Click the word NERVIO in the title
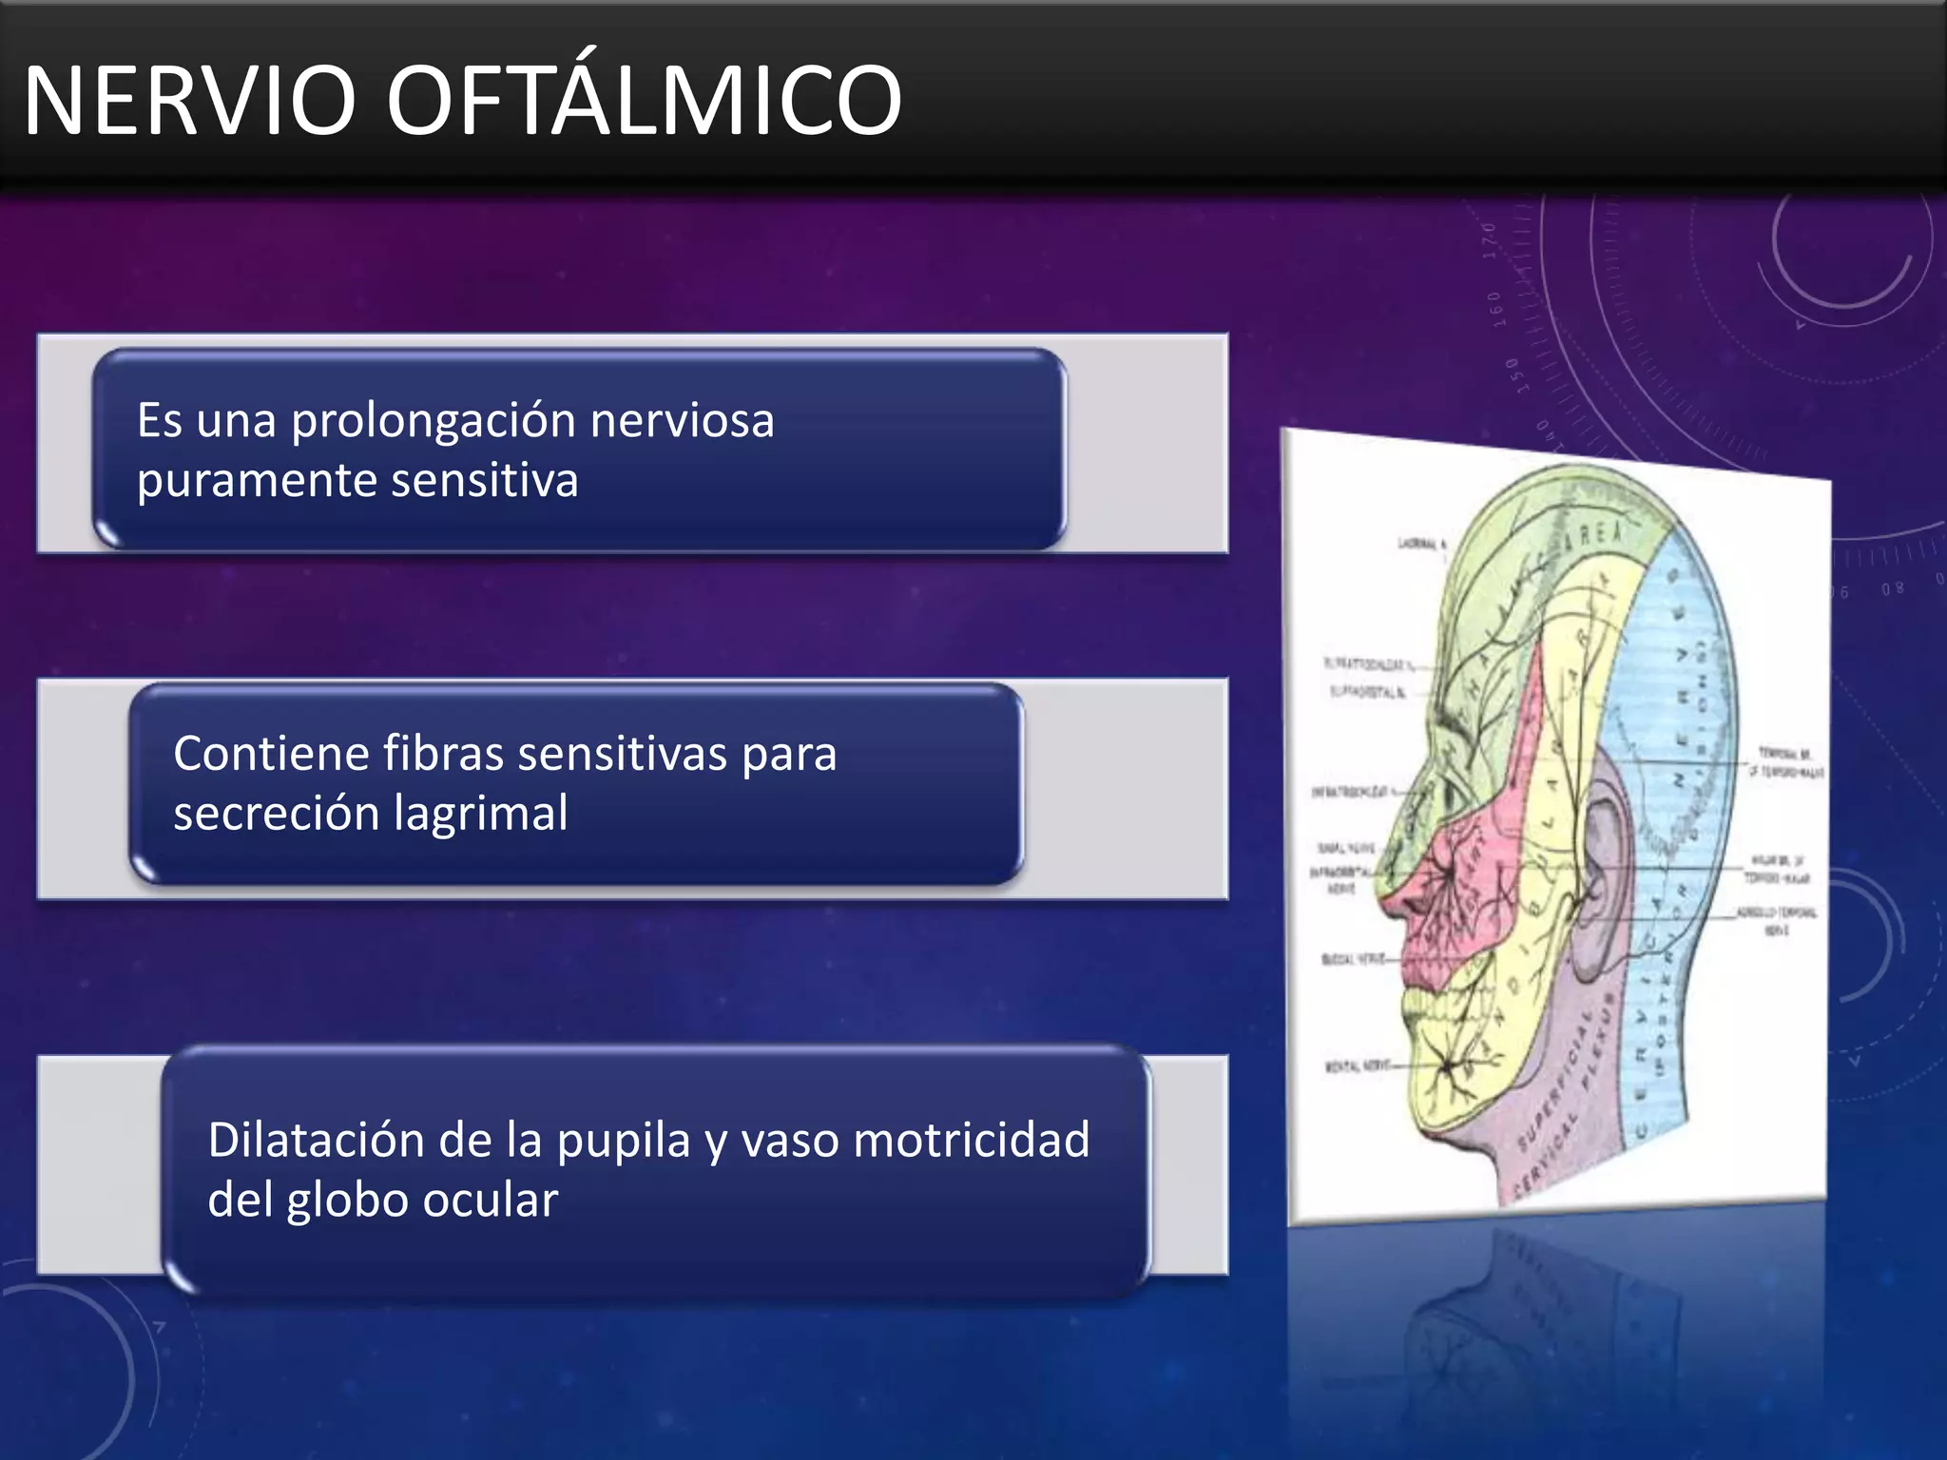[189, 101]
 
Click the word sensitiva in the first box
[484, 480]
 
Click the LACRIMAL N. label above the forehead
[1420, 544]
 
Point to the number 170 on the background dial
[1490, 240]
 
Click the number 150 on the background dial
[1515, 375]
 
